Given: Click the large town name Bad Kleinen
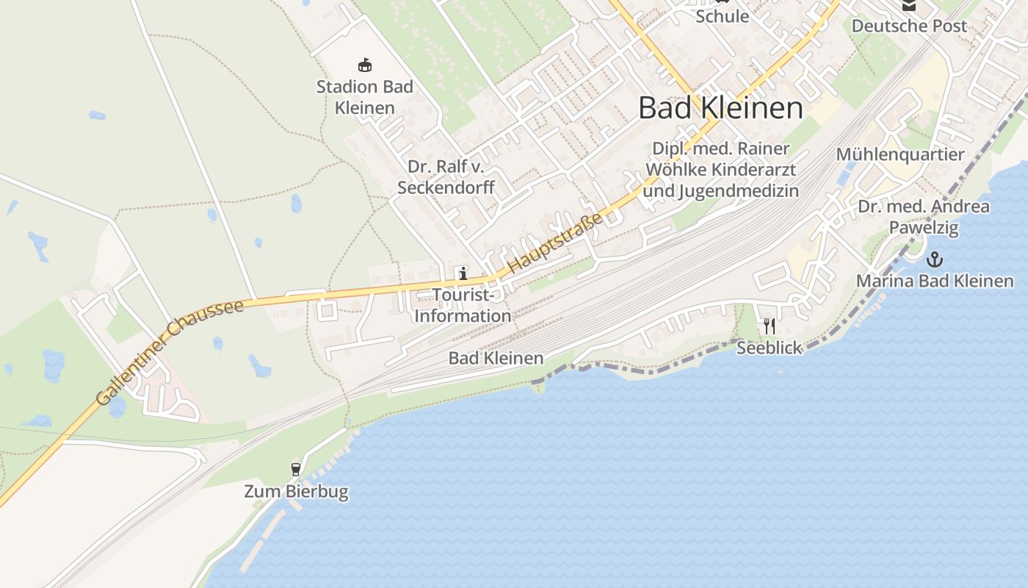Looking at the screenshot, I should click(720, 108).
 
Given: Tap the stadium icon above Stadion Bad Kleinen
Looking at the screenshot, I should click(364, 65).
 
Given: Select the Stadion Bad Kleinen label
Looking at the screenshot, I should click(365, 97).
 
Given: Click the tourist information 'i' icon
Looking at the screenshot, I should click(463, 274).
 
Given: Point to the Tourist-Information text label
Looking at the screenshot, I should click(463, 306).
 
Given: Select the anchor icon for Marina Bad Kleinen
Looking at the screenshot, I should click(934, 259).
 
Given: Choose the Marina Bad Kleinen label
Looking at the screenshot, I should click(934, 281).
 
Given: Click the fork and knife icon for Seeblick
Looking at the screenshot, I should click(769, 326).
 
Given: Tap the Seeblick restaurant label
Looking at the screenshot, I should click(769, 348).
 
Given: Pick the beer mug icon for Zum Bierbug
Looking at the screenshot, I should click(296, 469).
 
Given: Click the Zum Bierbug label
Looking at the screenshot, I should click(296, 491).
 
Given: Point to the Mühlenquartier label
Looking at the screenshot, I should click(899, 154).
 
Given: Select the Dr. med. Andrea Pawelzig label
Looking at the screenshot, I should click(923, 217).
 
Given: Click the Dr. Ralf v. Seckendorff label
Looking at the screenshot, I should click(446, 177).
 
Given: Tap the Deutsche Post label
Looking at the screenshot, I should click(908, 26).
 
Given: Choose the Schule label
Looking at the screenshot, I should click(722, 16).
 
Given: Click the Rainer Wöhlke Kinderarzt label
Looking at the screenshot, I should click(720, 170).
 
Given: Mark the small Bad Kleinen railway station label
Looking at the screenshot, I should click(496, 359).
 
